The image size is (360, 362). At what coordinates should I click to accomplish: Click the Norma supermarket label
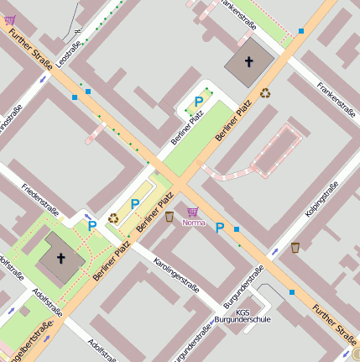pyautogui.click(x=194, y=223)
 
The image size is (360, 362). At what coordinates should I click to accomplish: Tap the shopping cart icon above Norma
pyautogui.click(x=193, y=212)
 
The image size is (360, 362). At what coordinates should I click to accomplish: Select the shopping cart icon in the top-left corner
pyautogui.click(x=9, y=19)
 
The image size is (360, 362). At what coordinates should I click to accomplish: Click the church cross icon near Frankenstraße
pyautogui.click(x=248, y=61)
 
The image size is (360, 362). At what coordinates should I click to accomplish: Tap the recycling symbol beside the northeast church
pyautogui.click(x=266, y=93)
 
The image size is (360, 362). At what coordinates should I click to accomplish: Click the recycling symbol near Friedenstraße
pyautogui.click(x=113, y=218)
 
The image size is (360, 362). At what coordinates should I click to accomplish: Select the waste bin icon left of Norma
pyautogui.click(x=170, y=217)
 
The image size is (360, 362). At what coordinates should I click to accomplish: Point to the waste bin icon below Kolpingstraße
pyautogui.click(x=295, y=248)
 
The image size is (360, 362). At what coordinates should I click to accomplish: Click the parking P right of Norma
pyautogui.click(x=220, y=228)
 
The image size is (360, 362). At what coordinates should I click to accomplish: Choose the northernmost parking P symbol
pyautogui.click(x=199, y=102)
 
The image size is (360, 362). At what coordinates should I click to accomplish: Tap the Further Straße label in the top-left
pyautogui.click(x=30, y=52)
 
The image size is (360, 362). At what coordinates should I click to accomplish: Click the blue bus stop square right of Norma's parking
pyautogui.click(x=237, y=229)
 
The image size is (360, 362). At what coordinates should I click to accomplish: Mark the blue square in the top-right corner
pyautogui.click(x=301, y=31)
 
